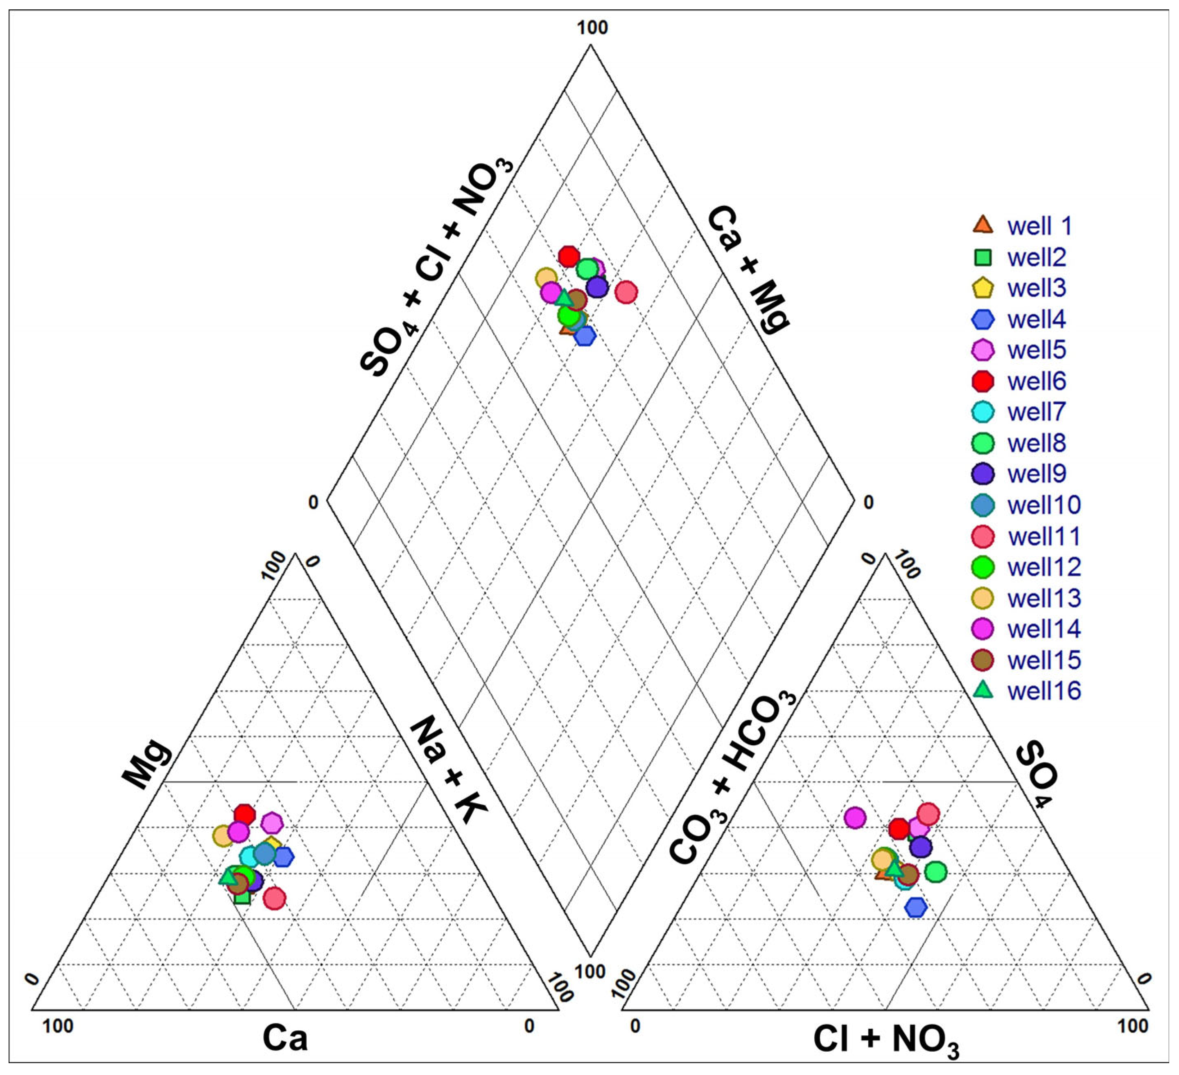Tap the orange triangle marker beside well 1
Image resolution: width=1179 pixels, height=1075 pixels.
pos(983,225)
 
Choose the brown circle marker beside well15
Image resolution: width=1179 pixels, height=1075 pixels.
pos(983,660)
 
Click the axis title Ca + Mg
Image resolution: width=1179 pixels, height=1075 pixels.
pos(749,269)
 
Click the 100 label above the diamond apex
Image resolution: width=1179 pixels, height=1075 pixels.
pos(592,27)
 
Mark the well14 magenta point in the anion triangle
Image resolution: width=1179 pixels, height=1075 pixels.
pos(855,817)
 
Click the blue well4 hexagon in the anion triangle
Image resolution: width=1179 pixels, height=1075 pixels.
pos(916,907)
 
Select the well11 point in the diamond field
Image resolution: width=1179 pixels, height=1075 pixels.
pos(626,292)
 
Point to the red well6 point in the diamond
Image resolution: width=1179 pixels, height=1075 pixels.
pos(569,256)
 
